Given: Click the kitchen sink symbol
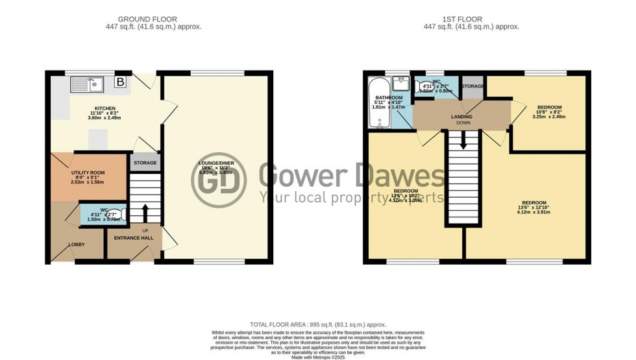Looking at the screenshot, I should click(88, 83).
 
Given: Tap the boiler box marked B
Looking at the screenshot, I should click(120, 82).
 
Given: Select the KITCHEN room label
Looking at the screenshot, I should click(105, 109).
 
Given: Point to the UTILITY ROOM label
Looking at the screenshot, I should click(88, 173).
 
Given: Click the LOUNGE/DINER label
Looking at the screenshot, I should click(215, 163).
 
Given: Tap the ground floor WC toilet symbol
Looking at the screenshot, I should click(117, 213).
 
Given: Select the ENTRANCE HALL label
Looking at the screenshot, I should click(132, 238).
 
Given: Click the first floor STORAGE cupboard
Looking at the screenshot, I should click(472, 87).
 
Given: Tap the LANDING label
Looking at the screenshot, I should click(461, 117).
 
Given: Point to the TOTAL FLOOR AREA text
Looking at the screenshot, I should click(318, 324).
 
